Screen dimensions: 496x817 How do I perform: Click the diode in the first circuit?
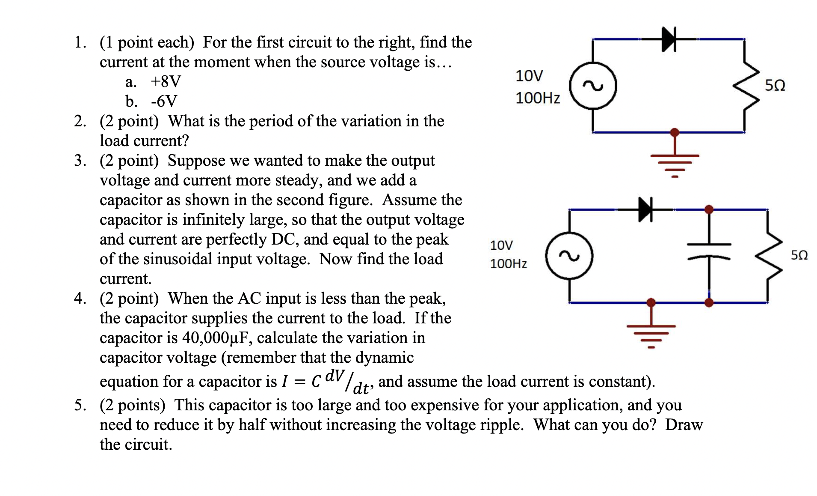click(x=668, y=39)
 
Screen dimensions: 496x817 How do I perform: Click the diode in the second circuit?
click(x=645, y=209)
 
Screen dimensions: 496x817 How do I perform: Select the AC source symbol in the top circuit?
click(x=593, y=86)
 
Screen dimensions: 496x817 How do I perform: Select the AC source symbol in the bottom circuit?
click(x=569, y=256)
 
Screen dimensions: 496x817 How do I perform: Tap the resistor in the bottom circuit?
click(x=769, y=256)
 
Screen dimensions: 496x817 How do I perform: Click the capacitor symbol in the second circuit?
click(x=709, y=251)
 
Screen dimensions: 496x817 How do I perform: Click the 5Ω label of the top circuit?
click(x=775, y=86)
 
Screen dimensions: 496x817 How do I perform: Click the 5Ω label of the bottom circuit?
click(x=799, y=255)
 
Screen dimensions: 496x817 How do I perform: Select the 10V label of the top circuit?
click(x=529, y=76)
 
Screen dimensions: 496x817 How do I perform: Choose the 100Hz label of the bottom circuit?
click(x=508, y=263)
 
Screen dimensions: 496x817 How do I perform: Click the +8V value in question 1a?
click(x=166, y=81)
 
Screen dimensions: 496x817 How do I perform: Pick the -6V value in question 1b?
click(x=164, y=102)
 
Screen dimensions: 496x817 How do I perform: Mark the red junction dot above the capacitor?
click(x=709, y=209)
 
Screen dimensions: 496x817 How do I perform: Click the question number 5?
click(x=80, y=405)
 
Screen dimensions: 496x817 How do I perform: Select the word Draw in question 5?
click(x=684, y=425)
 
